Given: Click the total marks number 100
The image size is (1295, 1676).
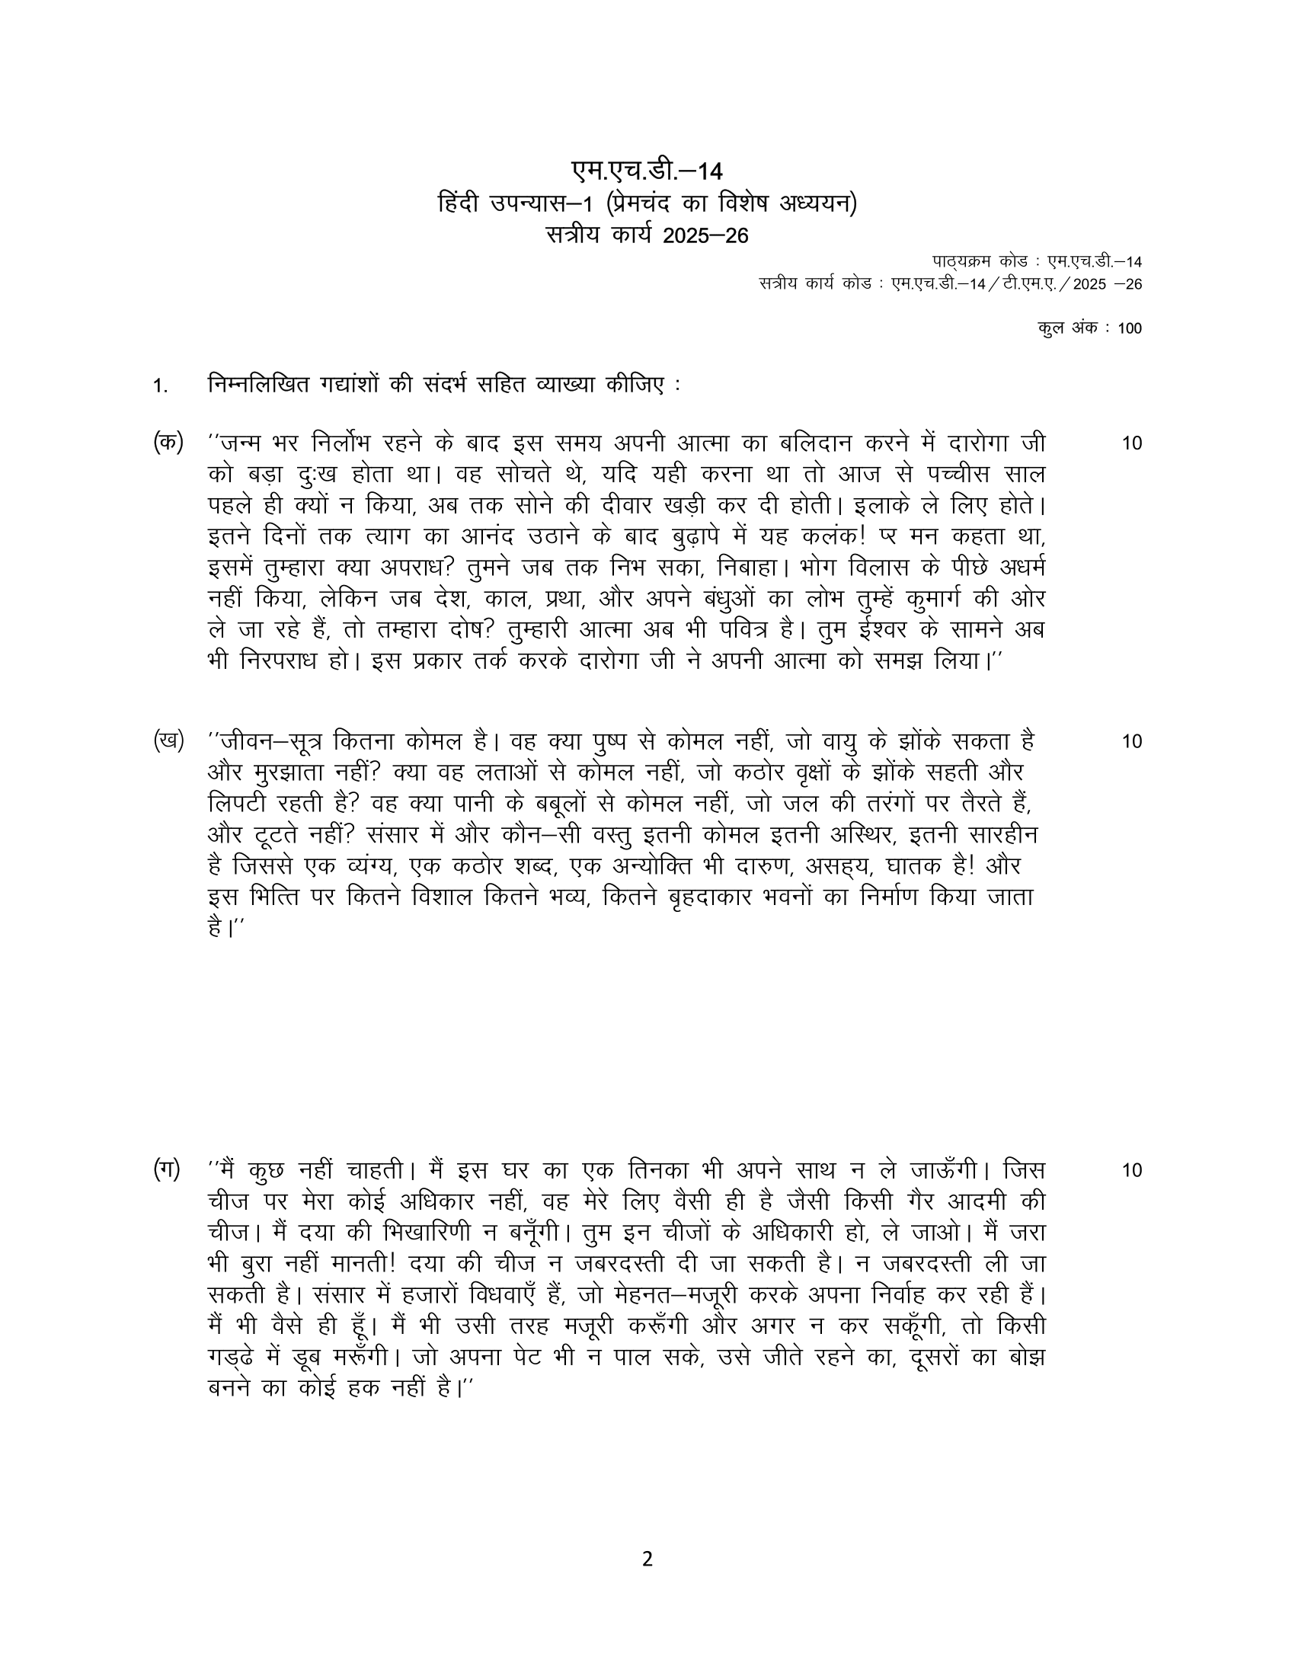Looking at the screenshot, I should (x=1130, y=328).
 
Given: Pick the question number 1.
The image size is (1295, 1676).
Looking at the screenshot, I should (x=158, y=387).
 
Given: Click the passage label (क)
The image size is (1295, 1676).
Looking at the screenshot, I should (x=168, y=443).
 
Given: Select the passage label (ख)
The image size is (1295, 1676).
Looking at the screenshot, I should (x=168, y=740).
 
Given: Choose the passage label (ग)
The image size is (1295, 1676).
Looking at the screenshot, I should (x=168, y=1169).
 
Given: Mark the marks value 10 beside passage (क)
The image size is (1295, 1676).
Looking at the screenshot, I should (x=1131, y=443).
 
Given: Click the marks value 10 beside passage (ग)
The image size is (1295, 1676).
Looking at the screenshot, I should (x=1131, y=1170).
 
